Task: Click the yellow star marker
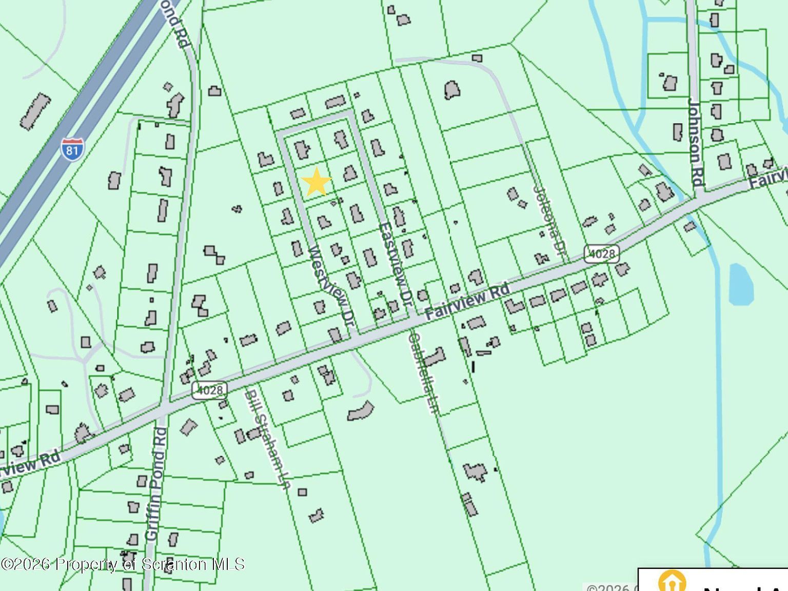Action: (316, 182)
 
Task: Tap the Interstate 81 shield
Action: (72, 149)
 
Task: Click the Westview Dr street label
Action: (332, 285)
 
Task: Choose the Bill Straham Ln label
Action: (265, 439)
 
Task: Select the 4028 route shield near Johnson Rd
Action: (601, 253)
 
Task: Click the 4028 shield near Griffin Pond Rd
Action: (210, 390)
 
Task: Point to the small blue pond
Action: (741, 285)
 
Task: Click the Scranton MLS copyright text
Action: (123, 564)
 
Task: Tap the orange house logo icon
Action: (672, 581)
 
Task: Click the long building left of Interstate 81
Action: (35, 111)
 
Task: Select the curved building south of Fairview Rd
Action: (361, 411)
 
